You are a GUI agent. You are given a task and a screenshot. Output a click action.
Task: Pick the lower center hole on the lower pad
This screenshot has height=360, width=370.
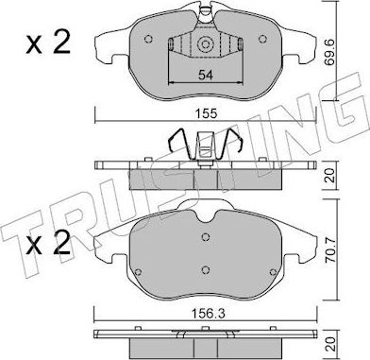206,270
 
